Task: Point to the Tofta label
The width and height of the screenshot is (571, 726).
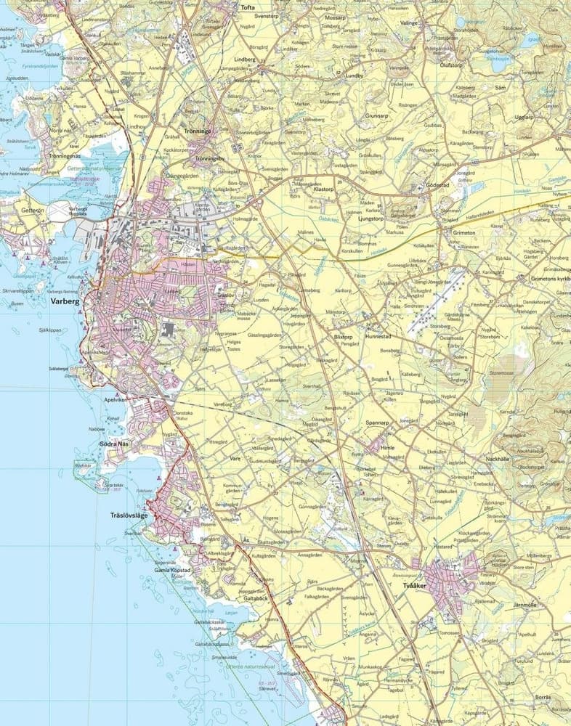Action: (247, 7)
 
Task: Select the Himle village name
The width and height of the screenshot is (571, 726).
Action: (387, 448)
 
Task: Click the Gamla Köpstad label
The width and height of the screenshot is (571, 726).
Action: (171, 571)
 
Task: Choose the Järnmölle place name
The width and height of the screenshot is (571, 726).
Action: (525, 605)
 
